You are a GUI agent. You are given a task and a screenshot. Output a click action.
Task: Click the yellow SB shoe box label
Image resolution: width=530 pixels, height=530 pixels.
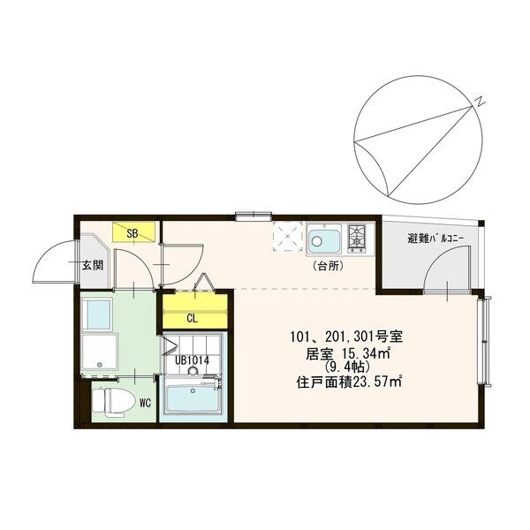[x=132, y=234]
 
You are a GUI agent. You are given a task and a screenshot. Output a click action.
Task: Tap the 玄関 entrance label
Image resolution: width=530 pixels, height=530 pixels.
[x=93, y=264]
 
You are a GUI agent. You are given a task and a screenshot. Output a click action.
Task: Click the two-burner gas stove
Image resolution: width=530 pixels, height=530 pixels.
[x=357, y=238]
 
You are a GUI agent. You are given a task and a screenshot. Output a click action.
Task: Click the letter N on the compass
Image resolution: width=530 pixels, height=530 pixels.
[x=478, y=102]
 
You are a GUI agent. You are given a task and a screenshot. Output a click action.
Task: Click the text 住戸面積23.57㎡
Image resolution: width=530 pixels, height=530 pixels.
[x=350, y=382]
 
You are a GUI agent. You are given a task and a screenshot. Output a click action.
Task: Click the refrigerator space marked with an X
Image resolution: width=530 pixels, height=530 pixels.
[x=286, y=237]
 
